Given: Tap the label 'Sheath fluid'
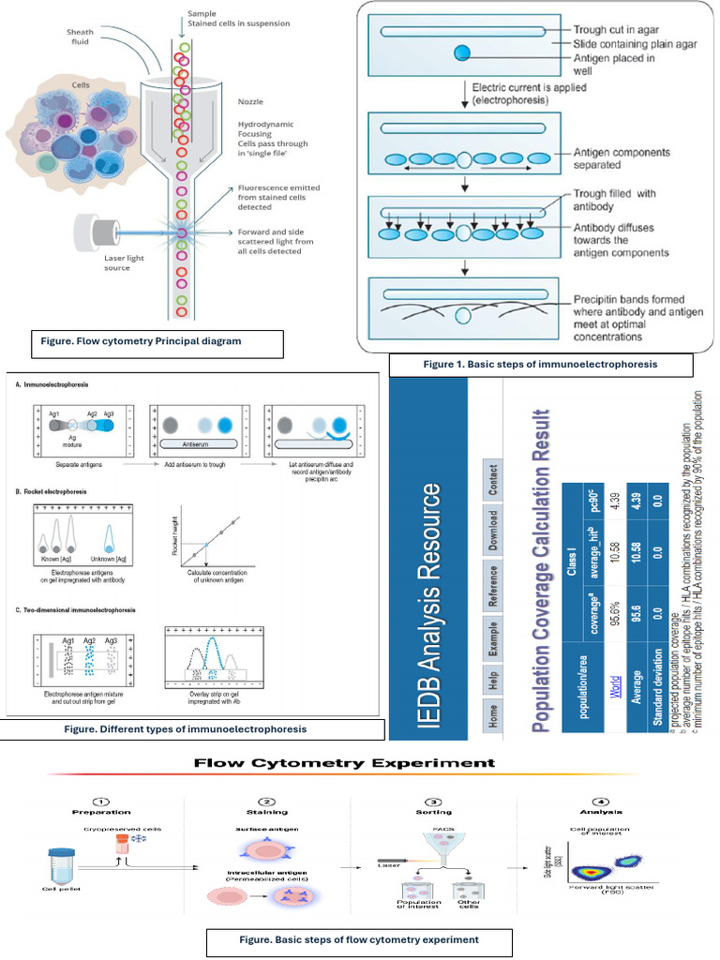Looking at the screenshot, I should coord(81,37).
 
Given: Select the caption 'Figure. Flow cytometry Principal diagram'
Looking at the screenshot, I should coord(147,342).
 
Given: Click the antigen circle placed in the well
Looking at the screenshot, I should coord(462,53).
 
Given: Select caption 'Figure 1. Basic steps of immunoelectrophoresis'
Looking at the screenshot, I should coord(540,364).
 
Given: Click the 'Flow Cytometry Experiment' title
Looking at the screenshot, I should coord(344,763).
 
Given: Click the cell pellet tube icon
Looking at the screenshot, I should coord(62,863).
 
